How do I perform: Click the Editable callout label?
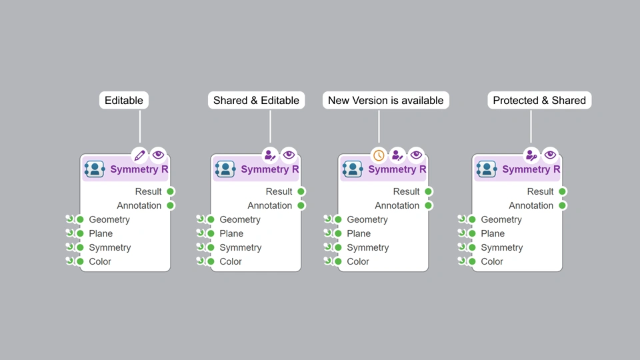[x=124, y=101]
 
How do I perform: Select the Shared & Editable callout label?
[x=256, y=101]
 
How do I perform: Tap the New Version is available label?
[x=385, y=101]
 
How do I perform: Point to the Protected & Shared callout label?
[x=539, y=101]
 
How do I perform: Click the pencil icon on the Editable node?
[x=139, y=155]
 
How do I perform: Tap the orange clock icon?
[x=379, y=155]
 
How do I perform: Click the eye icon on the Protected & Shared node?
[x=550, y=155]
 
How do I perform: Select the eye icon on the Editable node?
[x=158, y=155]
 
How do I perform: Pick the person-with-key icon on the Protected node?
[x=531, y=155]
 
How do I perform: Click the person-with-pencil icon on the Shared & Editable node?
[x=270, y=155]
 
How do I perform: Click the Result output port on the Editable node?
[x=171, y=191]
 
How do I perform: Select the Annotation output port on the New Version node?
[x=429, y=205]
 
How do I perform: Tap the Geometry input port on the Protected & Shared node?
[x=472, y=219]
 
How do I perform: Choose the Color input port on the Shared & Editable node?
[x=211, y=261]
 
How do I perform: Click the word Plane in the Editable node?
[x=101, y=233]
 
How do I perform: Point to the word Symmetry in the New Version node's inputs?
[x=368, y=247]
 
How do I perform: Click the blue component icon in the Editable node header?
[x=95, y=169]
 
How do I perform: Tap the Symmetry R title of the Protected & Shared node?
[x=531, y=169]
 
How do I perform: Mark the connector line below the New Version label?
[x=379, y=127]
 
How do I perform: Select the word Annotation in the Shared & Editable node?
[x=270, y=205]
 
